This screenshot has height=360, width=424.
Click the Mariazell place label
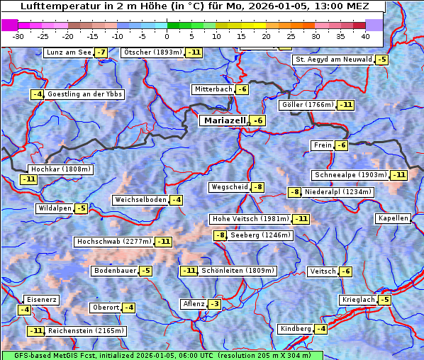(225, 120)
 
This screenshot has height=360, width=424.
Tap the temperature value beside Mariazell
(258, 121)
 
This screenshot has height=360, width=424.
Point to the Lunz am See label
(68, 52)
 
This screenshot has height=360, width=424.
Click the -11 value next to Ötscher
(194, 52)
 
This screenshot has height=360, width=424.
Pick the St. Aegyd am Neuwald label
(333, 60)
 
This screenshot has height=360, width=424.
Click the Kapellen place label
(394, 218)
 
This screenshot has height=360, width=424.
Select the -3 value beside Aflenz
(214, 304)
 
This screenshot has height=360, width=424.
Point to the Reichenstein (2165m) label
(87, 331)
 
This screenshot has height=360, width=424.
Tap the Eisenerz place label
(41, 300)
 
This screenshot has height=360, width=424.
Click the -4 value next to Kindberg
(321, 329)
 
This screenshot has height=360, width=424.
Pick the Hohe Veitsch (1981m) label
(250, 219)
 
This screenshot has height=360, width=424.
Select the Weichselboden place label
(140, 200)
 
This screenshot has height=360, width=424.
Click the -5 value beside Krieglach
(384, 300)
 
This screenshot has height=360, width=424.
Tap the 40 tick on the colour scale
(365, 35)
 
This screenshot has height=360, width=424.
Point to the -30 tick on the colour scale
(18, 35)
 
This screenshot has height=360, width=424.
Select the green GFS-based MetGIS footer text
(162, 355)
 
